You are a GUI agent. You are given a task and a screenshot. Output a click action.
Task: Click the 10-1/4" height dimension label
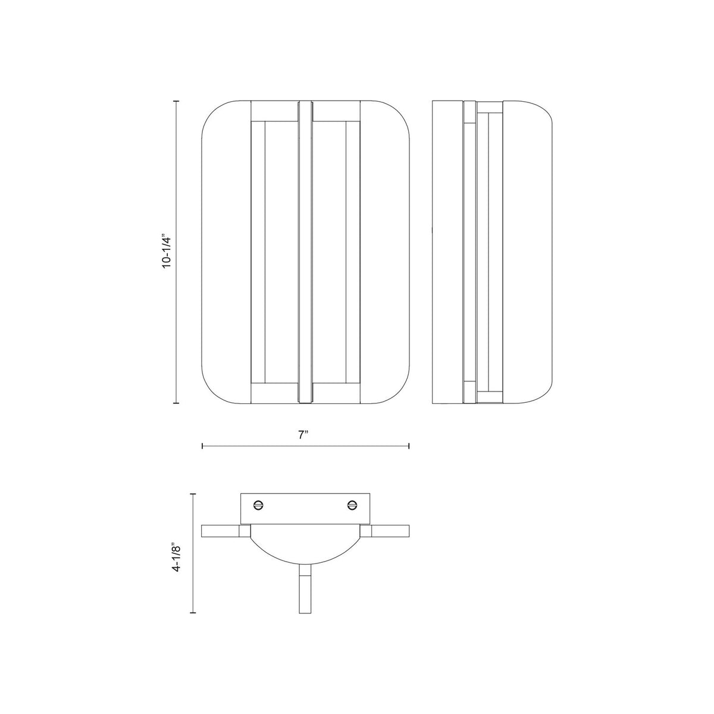[167, 251]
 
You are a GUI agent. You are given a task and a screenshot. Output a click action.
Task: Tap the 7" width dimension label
[303, 435]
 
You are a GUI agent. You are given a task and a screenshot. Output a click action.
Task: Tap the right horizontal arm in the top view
[384, 531]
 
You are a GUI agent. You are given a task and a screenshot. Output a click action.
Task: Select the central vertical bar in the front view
[306, 252]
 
